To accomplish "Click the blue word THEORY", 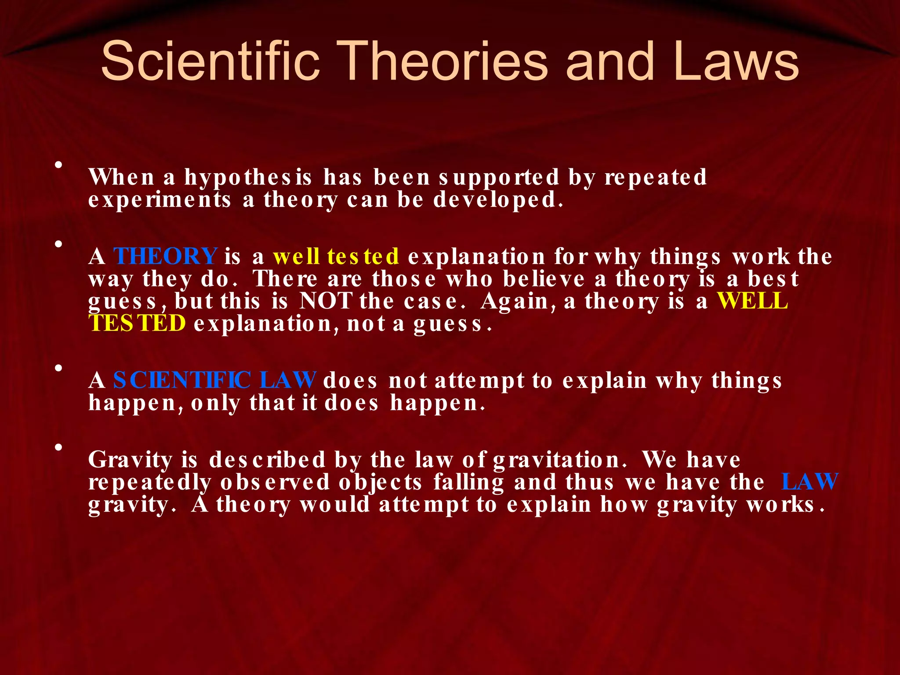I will (165, 256).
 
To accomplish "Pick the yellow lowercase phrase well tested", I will (336, 256).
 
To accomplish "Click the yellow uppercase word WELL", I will (752, 301).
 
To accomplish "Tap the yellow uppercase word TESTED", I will (137, 324).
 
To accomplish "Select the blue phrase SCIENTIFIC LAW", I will (214, 380).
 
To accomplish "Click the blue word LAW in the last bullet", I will (809, 482).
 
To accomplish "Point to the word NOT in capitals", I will (325, 301).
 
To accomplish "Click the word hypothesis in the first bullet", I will (248, 178).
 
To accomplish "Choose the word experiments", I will (160, 200).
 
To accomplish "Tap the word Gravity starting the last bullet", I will (131, 460).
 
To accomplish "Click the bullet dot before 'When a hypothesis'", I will (58, 165).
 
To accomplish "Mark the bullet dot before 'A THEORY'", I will (58, 244).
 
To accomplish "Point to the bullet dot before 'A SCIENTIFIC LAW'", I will (58, 368).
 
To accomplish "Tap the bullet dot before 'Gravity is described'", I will (58, 448).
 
